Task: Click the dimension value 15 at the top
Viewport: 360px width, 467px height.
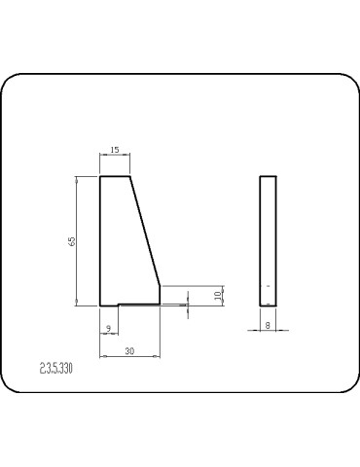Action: (115, 151)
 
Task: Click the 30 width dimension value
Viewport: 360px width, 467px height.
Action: (129, 351)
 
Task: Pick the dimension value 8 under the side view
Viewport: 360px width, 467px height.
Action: (268, 328)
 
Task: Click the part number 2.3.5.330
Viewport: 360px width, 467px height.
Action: (57, 370)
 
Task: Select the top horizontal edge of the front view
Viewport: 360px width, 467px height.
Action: (115, 176)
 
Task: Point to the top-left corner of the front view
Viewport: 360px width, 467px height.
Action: (100, 176)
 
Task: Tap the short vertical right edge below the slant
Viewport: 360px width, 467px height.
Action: (161, 294)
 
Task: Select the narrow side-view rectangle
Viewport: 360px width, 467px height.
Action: (268, 240)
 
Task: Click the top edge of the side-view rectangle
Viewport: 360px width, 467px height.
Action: (268, 176)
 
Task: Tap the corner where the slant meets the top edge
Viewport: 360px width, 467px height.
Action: (130, 176)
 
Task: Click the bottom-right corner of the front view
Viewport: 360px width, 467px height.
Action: (161, 303)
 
